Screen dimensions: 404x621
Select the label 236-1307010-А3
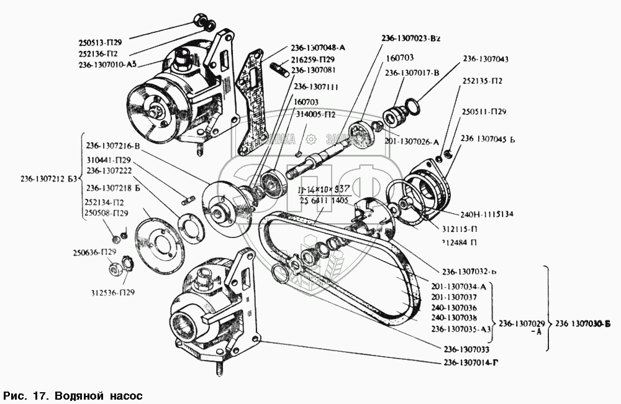pyautogui.click(x=109, y=64)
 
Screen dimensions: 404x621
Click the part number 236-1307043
pyautogui.click(x=486, y=59)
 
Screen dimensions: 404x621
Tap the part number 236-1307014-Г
pyautogui.click(x=471, y=362)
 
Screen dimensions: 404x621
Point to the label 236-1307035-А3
pyautogui.click(x=460, y=329)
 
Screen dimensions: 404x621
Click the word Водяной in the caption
pyautogui.click(x=81, y=395)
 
